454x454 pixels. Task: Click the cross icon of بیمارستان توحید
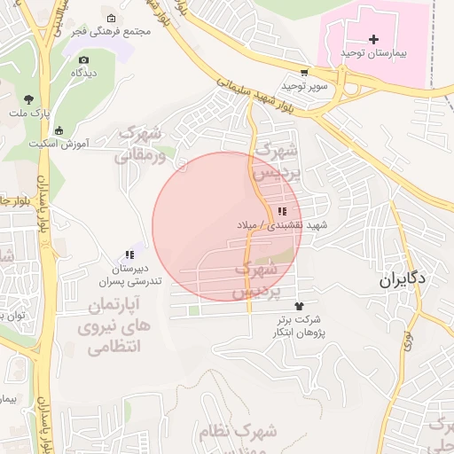[373, 39]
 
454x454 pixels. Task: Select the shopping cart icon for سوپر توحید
[305, 73]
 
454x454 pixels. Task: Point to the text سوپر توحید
[305, 86]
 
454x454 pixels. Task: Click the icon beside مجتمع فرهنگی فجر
[111, 19]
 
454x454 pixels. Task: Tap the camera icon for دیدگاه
[84, 59]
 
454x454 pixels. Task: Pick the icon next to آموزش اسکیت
[59, 130]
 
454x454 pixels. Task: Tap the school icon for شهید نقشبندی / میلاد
[282, 211]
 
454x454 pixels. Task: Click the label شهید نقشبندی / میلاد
[282, 225]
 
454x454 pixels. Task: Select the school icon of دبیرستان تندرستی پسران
[130, 255]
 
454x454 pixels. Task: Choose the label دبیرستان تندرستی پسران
[130, 275]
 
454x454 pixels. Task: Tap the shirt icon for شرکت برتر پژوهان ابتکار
[309, 305]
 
